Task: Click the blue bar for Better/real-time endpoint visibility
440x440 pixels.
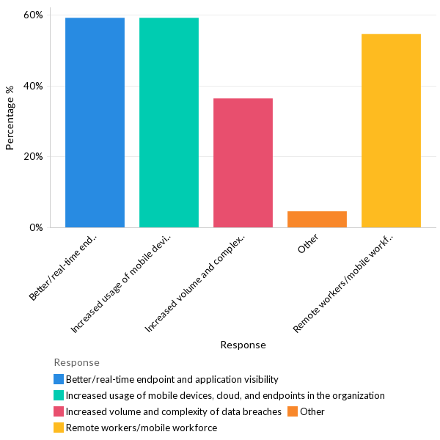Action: point(95,122)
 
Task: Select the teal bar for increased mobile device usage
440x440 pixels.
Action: point(169,122)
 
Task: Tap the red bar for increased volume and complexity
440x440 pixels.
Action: point(243,163)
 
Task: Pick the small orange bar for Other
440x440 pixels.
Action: point(317,219)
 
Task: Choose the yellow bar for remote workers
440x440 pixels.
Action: point(391,131)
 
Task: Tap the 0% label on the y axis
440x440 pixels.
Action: point(36,227)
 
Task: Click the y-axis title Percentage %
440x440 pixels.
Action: point(10,118)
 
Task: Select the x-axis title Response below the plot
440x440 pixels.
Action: point(243,345)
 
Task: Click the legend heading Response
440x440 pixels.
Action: point(76,362)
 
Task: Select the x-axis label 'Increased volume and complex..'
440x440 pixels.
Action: point(197,283)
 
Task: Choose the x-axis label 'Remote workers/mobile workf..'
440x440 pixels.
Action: point(344,283)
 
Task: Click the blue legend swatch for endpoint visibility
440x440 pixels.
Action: point(59,379)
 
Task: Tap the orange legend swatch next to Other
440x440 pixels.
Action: point(293,411)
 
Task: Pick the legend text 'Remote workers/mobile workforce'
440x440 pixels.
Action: point(142,428)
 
